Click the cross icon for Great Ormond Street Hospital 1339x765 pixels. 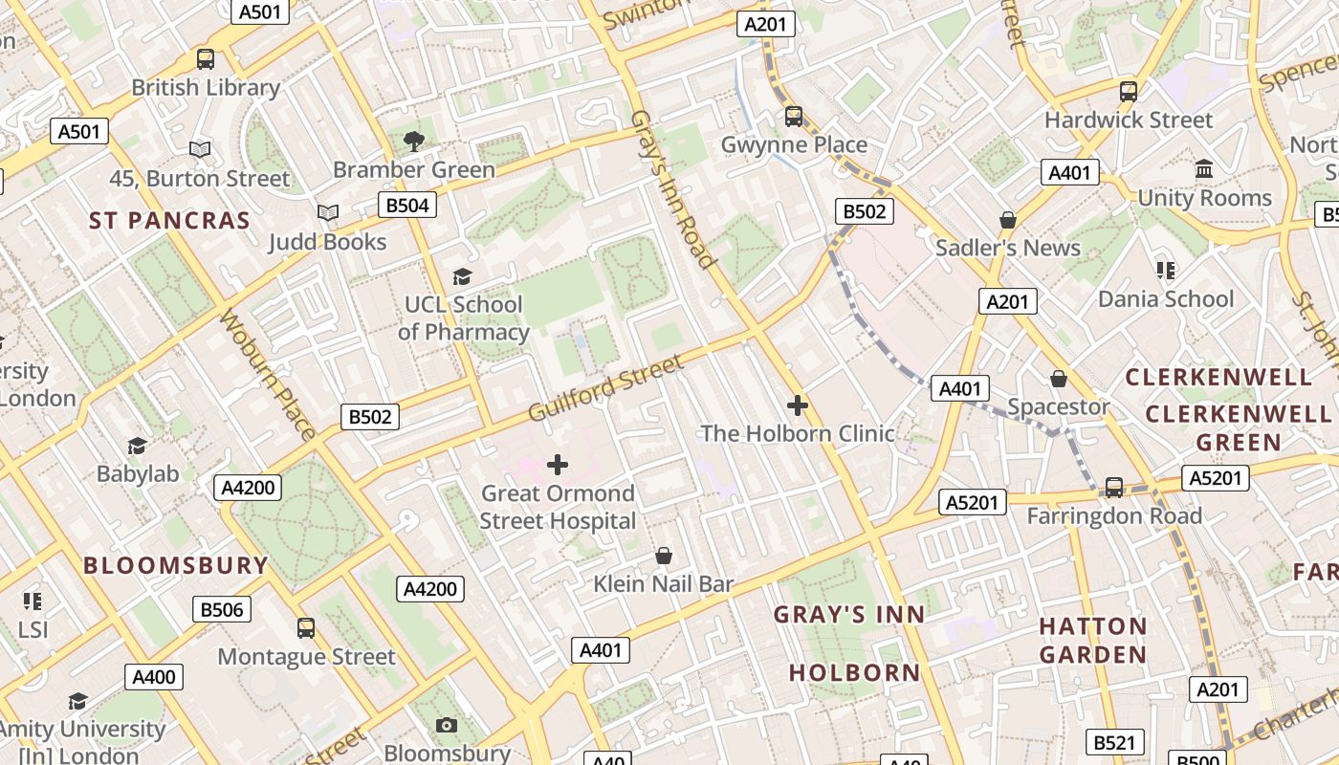pos(557,466)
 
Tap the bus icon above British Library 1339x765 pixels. pos(206,59)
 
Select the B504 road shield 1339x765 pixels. pos(407,206)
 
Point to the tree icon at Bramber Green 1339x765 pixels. pos(413,142)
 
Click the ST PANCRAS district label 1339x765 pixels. pos(169,221)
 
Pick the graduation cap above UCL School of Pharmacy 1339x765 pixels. pos(462,277)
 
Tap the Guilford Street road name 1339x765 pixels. pos(605,388)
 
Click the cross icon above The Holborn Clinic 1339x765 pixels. pos(797,405)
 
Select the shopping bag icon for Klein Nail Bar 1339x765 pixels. pos(663,556)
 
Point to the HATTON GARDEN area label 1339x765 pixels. pos(1093,641)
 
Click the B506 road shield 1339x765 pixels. pos(222,609)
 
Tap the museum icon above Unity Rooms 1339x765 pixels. pos(1204,169)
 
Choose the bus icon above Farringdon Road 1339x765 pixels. pos(1113,488)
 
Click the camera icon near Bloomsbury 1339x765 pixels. pos(447,725)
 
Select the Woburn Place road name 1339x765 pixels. pos(268,374)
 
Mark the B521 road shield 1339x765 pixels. pos(1115,742)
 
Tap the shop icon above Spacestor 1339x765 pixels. pos(1058,380)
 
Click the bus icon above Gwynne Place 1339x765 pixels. pos(793,117)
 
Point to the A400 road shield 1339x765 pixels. pos(154,678)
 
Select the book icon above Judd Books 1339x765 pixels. pos(328,212)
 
